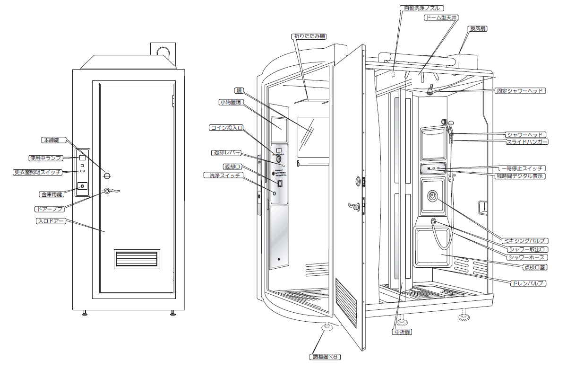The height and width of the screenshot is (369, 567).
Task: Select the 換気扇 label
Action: click(x=478, y=28)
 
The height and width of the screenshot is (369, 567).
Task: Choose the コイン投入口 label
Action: click(x=226, y=128)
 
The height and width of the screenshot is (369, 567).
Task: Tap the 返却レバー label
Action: click(x=227, y=153)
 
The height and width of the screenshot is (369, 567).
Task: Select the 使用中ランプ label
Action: click(x=45, y=158)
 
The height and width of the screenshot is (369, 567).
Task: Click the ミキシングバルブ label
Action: click(x=524, y=241)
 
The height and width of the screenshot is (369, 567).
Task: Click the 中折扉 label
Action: click(x=402, y=332)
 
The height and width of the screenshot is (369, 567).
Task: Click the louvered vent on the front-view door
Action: click(x=137, y=259)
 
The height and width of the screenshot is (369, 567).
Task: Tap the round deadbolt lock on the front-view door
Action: click(x=107, y=176)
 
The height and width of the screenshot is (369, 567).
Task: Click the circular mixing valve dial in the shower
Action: click(x=432, y=195)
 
